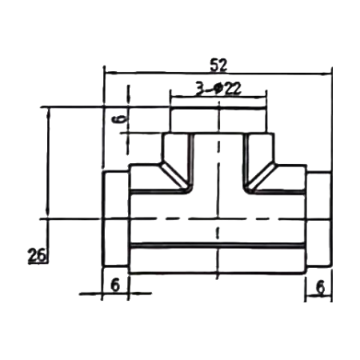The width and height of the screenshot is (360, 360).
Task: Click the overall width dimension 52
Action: click(x=218, y=66)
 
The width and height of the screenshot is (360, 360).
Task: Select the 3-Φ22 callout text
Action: click(x=218, y=89)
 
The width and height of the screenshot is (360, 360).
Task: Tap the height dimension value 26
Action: click(x=37, y=255)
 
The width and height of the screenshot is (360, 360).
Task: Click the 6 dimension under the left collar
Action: click(x=115, y=286)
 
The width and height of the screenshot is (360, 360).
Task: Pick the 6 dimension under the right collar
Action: click(x=320, y=287)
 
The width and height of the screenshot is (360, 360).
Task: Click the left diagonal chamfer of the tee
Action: click(x=175, y=176)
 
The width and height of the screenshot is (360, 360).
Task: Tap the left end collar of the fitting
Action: click(x=116, y=218)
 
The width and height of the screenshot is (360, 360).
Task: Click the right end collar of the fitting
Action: click(x=318, y=219)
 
